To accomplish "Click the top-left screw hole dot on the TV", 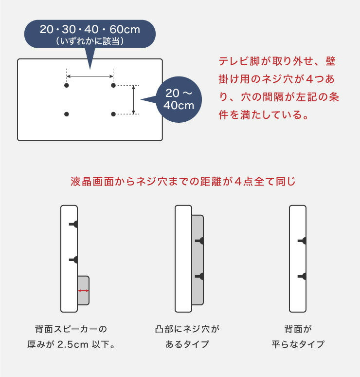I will pos(67,85).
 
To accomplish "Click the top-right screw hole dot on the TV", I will pos(113,85).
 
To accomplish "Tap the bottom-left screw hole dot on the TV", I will pos(67,114).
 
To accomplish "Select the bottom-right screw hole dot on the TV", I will pos(113,114).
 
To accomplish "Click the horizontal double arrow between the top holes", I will pos(90,76).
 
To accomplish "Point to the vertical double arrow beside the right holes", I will pos(134,99).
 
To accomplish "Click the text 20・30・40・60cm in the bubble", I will pos(90,30).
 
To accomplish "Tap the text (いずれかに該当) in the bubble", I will pos(90,41).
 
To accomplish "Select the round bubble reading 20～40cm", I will pos(180,99).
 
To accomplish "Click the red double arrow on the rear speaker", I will pos(83,291).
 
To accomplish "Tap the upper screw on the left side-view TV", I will pos(74,224).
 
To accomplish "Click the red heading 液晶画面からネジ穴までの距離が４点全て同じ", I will pos(183,182).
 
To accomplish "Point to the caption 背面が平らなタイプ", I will pos(297,337).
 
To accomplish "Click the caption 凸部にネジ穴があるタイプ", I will pos(186,337).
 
